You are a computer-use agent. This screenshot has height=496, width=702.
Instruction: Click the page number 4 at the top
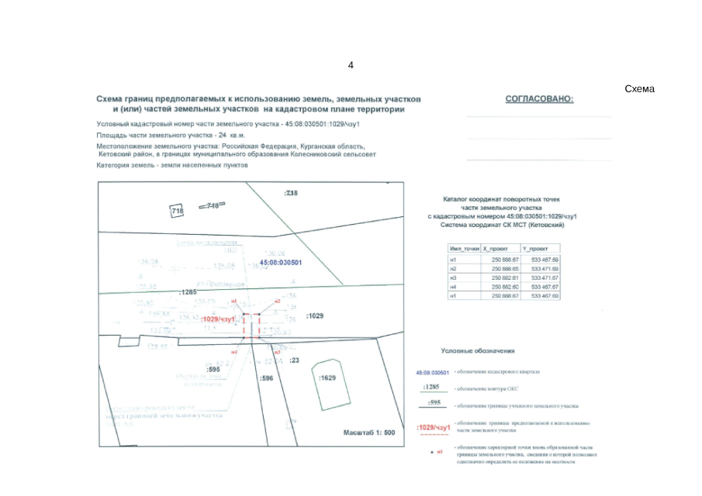point(351,65)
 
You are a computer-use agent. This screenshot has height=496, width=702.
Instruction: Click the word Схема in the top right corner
point(639,89)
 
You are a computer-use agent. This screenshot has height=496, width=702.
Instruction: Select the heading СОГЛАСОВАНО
point(539,99)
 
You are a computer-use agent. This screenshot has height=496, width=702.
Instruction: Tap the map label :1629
point(328,377)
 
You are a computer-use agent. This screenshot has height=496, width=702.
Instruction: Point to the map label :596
point(267,377)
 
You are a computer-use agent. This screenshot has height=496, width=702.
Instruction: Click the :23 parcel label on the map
point(294,360)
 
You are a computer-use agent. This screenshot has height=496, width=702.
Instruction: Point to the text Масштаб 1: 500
point(369,432)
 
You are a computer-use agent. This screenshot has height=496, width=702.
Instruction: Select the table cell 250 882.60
point(504,287)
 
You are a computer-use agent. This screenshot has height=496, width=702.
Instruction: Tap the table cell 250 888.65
point(504,268)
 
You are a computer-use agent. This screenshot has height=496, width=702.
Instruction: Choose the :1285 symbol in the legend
point(431,387)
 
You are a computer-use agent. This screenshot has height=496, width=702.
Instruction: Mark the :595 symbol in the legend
point(434,402)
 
